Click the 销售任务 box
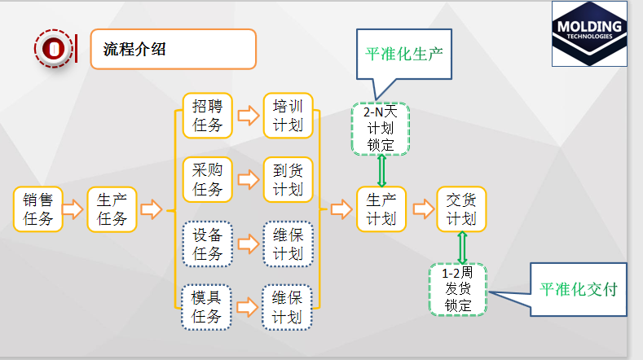pos(37,209)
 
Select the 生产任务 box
pos(112,209)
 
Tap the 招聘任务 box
pos(207,115)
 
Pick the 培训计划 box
pos(288,115)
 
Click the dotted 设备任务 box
pos(207,244)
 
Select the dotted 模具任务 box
pos(207,306)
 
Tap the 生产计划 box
pos(381,209)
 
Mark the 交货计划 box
pos(461,209)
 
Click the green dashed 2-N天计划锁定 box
pos(381,129)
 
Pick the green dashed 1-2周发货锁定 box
pos(458,289)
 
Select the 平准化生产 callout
pos(402,55)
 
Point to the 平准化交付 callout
pos(579,289)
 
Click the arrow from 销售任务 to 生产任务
pos(73,209)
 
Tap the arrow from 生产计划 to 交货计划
pos(423,209)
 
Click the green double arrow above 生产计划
pos(381,170)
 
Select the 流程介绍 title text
pos(134,49)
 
